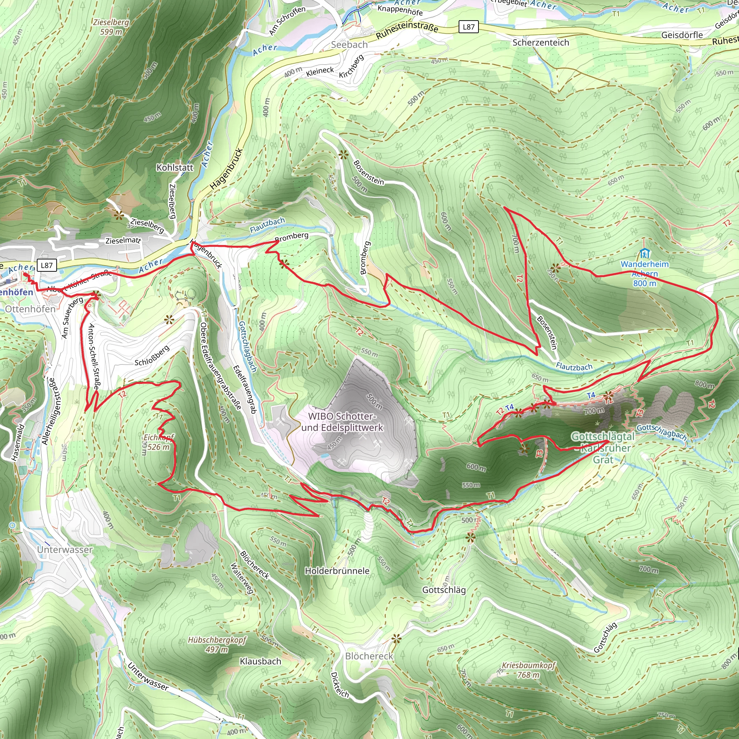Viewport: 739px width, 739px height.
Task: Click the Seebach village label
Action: coord(349,45)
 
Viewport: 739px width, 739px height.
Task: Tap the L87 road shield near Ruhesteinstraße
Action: coord(469,27)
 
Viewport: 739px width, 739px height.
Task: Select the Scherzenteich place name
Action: coord(541,43)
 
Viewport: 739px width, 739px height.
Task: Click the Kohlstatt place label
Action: coord(175,167)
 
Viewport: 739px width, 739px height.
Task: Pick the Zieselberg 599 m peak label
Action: coord(111,27)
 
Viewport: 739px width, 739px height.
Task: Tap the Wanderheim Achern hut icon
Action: coord(644,253)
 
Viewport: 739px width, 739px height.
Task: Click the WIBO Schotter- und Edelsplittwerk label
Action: coord(342,422)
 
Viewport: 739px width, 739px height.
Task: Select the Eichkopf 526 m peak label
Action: coord(159,442)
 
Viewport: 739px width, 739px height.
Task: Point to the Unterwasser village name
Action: coord(65,550)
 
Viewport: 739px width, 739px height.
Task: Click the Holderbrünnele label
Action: coord(337,571)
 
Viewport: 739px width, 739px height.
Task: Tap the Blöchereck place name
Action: coord(369,656)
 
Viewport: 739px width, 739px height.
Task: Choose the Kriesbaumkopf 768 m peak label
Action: coord(528,670)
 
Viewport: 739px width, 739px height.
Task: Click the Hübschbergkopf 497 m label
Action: coord(217,644)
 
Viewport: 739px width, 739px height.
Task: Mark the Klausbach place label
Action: coord(260,661)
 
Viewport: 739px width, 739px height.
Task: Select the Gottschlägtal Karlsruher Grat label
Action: coord(603,448)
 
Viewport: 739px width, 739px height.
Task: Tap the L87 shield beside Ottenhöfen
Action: coord(47,266)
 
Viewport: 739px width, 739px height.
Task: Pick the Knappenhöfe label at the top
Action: coord(400,10)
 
